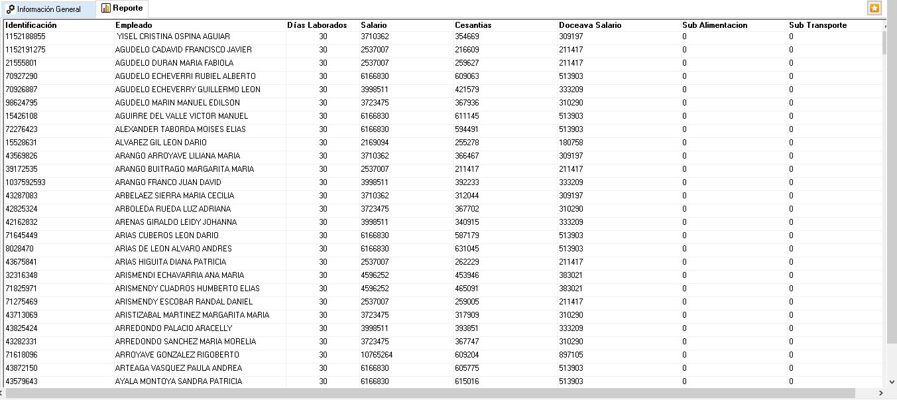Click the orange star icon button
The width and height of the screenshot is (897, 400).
pyautogui.click(x=874, y=9)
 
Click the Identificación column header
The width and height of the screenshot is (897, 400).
pyautogui.click(x=31, y=25)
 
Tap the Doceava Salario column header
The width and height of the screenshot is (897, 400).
pyautogui.click(x=590, y=25)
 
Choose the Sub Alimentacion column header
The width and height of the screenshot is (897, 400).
pyautogui.click(x=715, y=25)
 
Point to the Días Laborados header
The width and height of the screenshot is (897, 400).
pyautogui.click(x=317, y=25)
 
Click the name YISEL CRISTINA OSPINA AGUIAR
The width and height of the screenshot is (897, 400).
pyautogui.click(x=173, y=36)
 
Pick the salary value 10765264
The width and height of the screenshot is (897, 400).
pyautogui.click(x=377, y=355)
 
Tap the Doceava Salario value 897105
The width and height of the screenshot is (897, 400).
pyautogui.click(x=571, y=355)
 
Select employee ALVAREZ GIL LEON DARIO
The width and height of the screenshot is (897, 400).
pyautogui.click(x=160, y=143)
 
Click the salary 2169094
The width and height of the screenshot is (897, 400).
pyautogui.click(x=375, y=143)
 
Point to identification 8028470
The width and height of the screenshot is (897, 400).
pyautogui.click(x=19, y=249)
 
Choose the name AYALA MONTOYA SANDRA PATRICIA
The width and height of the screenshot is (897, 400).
pyautogui.click(x=178, y=381)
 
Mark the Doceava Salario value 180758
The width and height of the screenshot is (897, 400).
pyautogui.click(x=571, y=143)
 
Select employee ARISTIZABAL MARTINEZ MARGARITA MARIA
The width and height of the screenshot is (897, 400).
pyautogui.click(x=192, y=315)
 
